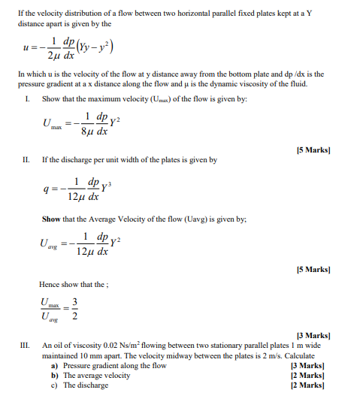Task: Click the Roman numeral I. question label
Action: pos(27,99)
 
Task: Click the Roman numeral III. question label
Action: pos(25,346)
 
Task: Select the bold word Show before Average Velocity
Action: pos(52,219)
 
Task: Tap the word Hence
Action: pos(50,283)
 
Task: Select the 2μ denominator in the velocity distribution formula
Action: pos(53,56)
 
